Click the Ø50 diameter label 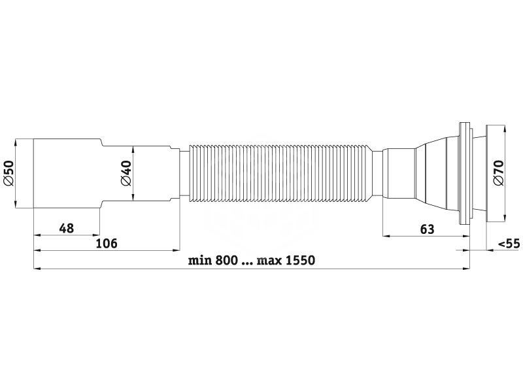click(x=8, y=172)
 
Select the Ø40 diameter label click(x=126, y=173)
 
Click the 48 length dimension click(x=67, y=229)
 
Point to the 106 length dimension click(x=107, y=244)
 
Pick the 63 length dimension click(x=428, y=229)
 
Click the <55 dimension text click(x=509, y=244)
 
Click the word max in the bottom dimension click(x=269, y=261)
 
